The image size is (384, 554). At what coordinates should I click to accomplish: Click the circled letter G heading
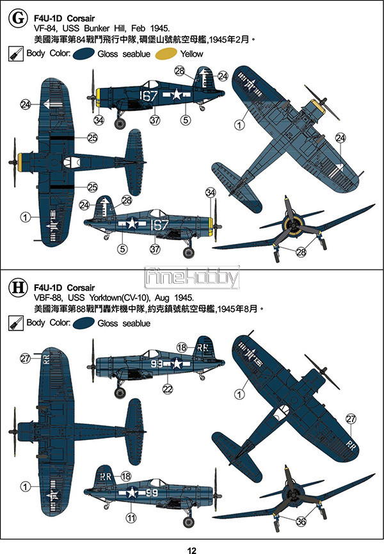(x=18, y=18)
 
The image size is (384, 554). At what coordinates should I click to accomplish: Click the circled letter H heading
(x=18, y=287)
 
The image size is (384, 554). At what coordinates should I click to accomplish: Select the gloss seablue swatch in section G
(x=83, y=54)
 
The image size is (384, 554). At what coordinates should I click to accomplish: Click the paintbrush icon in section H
(x=15, y=323)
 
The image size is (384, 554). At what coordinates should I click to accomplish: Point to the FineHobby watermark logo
(x=191, y=277)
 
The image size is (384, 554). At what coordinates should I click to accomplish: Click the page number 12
(x=191, y=550)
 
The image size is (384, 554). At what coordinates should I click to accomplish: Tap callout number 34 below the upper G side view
(x=99, y=120)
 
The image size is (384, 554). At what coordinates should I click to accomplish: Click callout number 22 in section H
(x=167, y=389)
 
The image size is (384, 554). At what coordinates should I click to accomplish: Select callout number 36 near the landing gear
(x=301, y=521)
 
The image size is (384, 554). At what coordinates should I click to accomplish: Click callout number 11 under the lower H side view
(x=131, y=518)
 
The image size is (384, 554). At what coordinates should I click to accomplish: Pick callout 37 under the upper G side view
(x=155, y=120)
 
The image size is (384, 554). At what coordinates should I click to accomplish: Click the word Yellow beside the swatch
(x=191, y=54)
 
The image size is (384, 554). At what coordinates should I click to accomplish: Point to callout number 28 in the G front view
(x=301, y=252)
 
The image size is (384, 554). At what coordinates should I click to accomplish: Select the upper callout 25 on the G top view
(x=92, y=138)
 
